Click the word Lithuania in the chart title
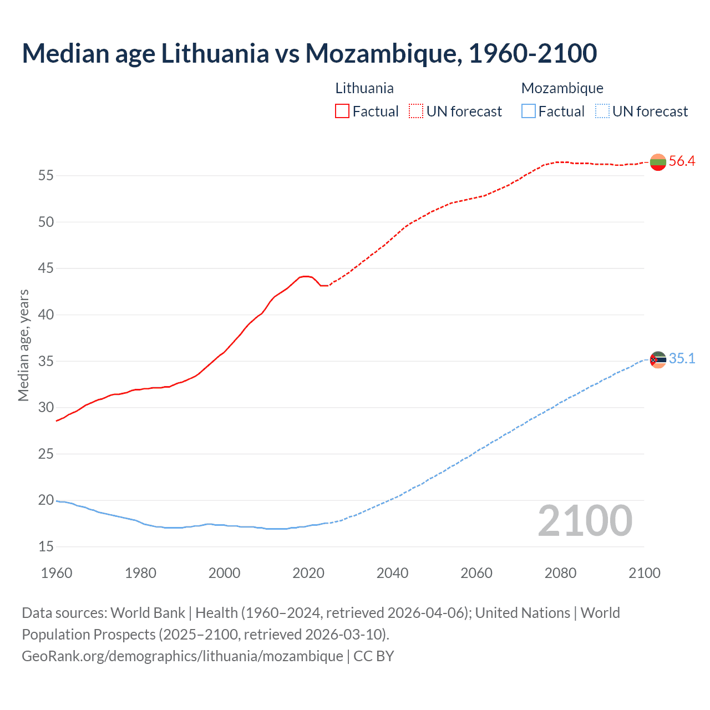click(215, 53)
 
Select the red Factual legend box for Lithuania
click(342, 111)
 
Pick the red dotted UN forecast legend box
click(416, 111)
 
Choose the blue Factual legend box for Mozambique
click(529, 111)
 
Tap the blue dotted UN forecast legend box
click(602, 111)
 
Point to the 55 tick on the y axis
click(46, 176)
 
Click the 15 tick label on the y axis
click(46, 547)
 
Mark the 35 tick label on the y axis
click(46, 362)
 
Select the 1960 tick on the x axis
click(57, 573)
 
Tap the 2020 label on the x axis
click(308, 573)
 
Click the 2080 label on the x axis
click(560, 573)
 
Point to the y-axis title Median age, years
click(23, 345)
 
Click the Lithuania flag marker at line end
click(658, 163)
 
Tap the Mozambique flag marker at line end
click(658, 360)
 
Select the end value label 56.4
click(682, 161)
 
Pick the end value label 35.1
click(682, 359)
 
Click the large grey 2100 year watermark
click(585, 521)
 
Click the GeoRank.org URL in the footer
click(182, 656)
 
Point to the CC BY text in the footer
click(374, 656)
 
